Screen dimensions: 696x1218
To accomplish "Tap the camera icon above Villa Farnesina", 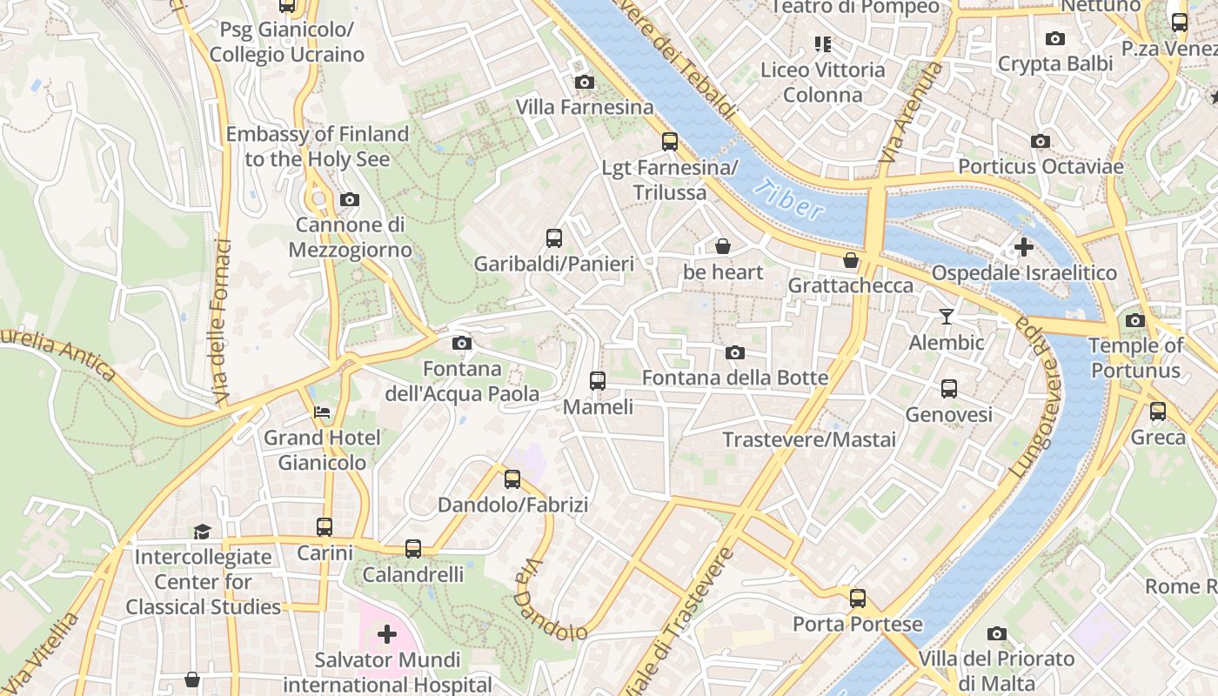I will pyautogui.click(x=585, y=82).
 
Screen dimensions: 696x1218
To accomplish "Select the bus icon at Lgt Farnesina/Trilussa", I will pyautogui.click(x=669, y=141).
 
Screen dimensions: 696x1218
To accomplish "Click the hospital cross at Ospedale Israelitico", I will pyautogui.click(x=1023, y=247).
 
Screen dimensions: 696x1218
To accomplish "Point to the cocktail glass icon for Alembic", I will pyautogui.click(x=947, y=317).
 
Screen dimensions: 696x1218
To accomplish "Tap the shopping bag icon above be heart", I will pyautogui.click(x=722, y=246).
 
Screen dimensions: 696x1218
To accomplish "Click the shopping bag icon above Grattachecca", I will pyautogui.click(x=851, y=260).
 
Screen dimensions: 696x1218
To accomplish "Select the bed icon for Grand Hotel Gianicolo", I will pyautogui.click(x=322, y=412).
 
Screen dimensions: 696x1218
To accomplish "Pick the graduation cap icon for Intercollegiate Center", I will pyautogui.click(x=202, y=531).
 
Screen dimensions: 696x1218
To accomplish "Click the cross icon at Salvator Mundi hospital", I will pyautogui.click(x=386, y=634).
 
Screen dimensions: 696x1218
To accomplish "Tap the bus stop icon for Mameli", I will pyautogui.click(x=597, y=380).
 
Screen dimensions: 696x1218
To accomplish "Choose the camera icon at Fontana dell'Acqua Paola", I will pyautogui.click(x=462, y=343).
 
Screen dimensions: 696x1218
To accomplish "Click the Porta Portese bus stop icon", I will pyautogui.click(x=857, y=598).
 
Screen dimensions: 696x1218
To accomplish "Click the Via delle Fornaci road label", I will pyautogui.click(x=222, y=322).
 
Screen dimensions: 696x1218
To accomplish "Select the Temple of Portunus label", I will pyautogui.click(x=1135, y=358).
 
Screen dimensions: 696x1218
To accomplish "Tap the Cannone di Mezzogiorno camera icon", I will pyautogui.click(x=349, y=199).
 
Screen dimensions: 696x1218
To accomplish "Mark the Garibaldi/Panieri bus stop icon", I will pyautogui.click(x=553, y=238).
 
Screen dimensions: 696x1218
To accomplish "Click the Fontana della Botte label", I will pyautogui.click(x=734, y=378).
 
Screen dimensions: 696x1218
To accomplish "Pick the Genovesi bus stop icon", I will pyautogui.click(x=948, y=388).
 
